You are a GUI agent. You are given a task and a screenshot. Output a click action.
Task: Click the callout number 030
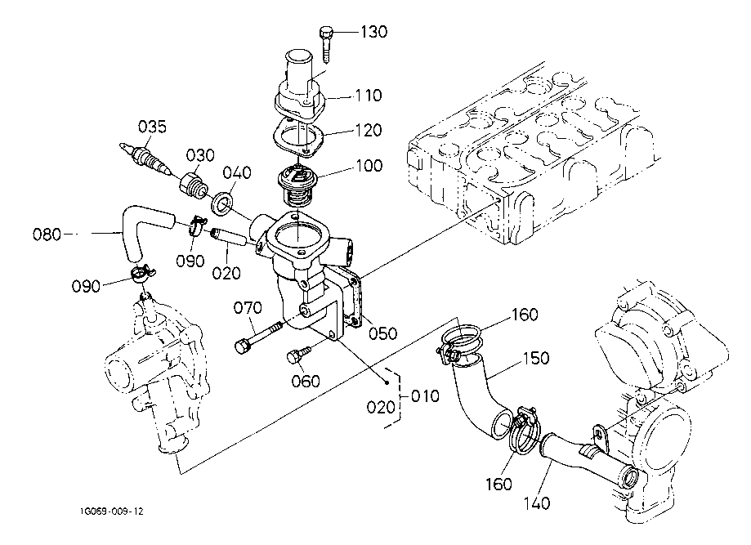[x=199, y=155]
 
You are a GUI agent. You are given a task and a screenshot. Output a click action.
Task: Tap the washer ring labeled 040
[x=222, y=201]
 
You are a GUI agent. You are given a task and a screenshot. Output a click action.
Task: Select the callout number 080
[x=47, y=235]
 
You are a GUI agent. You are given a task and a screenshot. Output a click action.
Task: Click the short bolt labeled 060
[x=297, y=355]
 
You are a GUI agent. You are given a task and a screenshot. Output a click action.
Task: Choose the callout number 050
[x=382, y=333]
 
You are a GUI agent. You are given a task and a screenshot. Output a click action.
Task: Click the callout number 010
[x=424, y=396]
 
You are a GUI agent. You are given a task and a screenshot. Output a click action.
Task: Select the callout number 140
[x=537, y=503]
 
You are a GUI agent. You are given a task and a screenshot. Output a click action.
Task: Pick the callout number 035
[x=152, y=127]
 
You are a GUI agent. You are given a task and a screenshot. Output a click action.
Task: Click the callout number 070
[x=248, y=308]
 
